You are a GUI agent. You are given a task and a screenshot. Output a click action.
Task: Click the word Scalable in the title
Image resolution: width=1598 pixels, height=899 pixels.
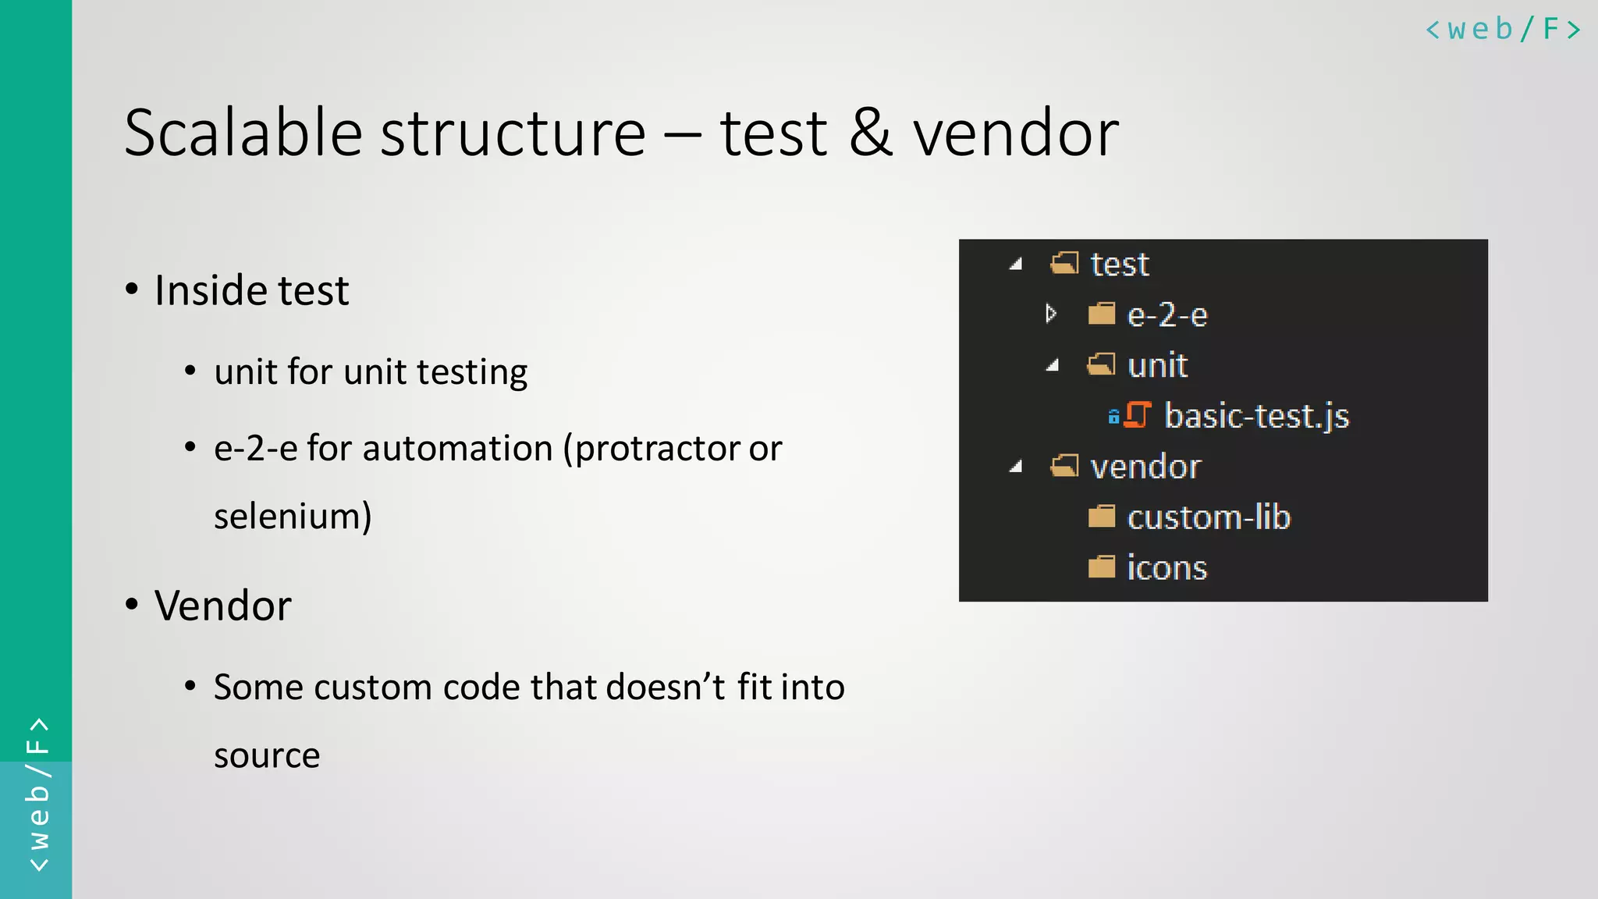click(x=243, y=133)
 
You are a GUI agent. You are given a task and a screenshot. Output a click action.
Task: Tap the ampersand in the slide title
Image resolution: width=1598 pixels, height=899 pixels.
click(x=870, y=133)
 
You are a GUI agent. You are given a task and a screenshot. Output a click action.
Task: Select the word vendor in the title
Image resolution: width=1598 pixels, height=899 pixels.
click(x=1016, y=133)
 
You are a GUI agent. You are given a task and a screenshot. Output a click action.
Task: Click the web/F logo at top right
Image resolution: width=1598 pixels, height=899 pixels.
click(x=1503, y=30)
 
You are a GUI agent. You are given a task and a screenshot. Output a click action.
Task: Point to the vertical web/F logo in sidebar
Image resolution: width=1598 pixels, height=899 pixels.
click(x=37, y=794)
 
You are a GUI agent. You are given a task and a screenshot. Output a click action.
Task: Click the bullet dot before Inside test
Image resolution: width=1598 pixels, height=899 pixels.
click(x=132, y=290)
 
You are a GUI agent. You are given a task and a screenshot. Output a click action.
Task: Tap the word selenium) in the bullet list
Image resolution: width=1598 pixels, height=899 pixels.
click(x=293, y=516)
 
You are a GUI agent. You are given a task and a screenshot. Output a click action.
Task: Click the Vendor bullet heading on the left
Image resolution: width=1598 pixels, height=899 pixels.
click(x=222, y=606)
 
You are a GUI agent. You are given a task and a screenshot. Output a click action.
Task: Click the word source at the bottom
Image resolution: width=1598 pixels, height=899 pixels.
click(x=267, y=755)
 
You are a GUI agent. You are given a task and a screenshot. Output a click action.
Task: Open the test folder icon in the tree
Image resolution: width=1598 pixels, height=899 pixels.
click(x=1064, y=264)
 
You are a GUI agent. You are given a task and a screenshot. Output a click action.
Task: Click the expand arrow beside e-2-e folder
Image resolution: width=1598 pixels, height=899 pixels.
click(x=1051, y=314)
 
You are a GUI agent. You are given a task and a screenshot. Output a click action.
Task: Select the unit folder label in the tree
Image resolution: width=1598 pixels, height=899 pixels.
click(x=1157, y=365)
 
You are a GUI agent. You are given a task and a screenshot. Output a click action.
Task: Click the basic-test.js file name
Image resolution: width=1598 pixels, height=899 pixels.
click(x=1256, y=416)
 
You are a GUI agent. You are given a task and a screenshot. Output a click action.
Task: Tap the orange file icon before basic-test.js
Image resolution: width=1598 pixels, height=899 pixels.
click(x=1138, y=415)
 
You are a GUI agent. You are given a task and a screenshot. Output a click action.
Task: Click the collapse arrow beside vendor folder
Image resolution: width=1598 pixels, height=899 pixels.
click(x=1015, y=467)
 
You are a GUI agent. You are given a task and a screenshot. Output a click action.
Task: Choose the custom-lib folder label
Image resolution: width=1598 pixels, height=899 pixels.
click(x=1209, y=517)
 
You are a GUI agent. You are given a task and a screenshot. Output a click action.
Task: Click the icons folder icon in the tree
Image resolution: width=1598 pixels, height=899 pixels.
click(x=1101, y=567)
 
